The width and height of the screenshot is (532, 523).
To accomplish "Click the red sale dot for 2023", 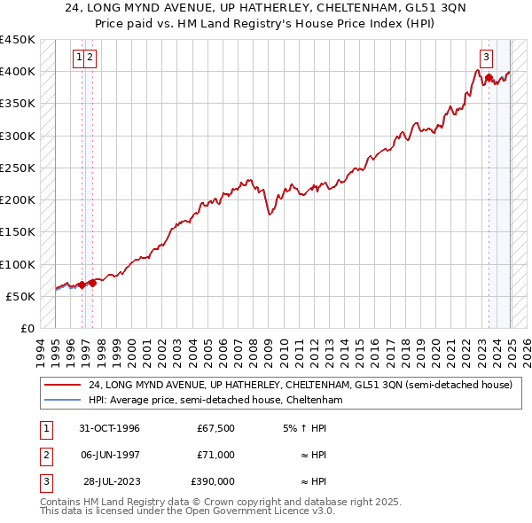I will [x=489, y=78].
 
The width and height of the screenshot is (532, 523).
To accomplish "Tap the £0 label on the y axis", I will [x=27, y=329].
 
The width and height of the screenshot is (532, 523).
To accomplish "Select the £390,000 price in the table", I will [x=213, y=481].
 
